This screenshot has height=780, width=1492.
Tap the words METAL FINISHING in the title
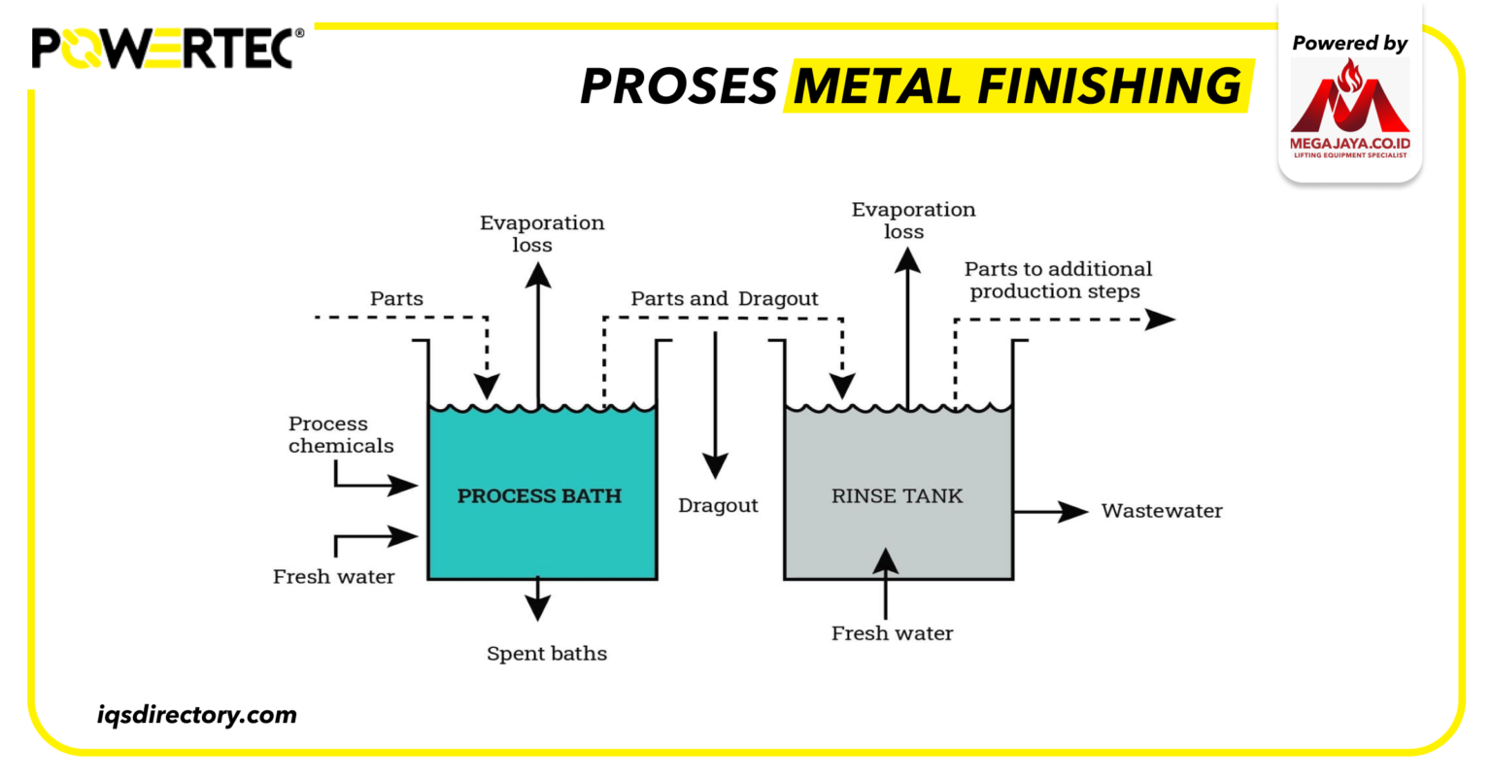pyautogui.click(x=1017, y=86)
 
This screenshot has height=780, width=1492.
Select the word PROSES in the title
pyautogui.click(x=679, y=87)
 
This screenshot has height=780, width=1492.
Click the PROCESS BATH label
pyautogui.click(x=539, y=495)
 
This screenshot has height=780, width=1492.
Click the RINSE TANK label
pyautogui.click(x=897, y=495)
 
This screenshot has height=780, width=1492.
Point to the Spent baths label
pyautogui.click(x=547, y=654)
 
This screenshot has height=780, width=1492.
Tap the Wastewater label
pyautogui.click(x=1161, y=511)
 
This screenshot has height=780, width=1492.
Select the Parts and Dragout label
pyautogui.click(x=724, y=298)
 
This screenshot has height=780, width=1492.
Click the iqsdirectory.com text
pyautogui.click(x=197, y=716)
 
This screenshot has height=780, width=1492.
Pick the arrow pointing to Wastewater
pyautogui.click(x=1051, y=511)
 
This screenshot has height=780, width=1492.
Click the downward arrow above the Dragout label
pyautogui.click(x=715, y=403)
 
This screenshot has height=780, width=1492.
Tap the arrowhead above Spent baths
pyautogui.click(x=536, y=607)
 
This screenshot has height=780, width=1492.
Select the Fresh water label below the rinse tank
pyautogui.click(x=892, y=633)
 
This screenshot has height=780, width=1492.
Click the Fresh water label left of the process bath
pyautogui.click(x=333, y=577)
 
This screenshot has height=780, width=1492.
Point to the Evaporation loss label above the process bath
pyautogui.click(x=541, y=233)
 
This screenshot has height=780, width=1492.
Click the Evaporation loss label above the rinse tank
pyautogui.click(x=913, y=220)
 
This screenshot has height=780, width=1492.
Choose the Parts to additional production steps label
pyautogui.click(x=1057, y=280)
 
